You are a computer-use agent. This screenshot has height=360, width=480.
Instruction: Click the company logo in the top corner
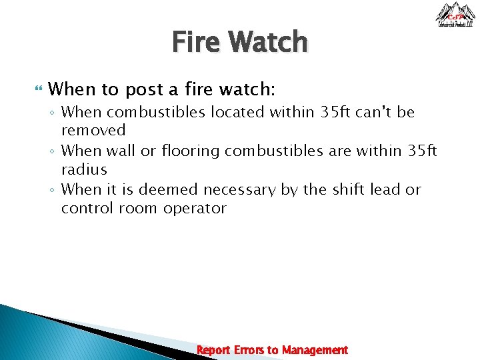coord(455,15)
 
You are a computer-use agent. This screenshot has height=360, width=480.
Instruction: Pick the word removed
coord(93,130)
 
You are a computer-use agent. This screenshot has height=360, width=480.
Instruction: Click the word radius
coord(84,169)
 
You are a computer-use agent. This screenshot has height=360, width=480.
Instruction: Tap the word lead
coord(386,190)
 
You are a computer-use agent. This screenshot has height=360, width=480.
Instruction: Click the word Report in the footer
coord(214,350)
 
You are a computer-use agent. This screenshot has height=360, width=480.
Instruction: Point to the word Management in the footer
coord(315,350)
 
